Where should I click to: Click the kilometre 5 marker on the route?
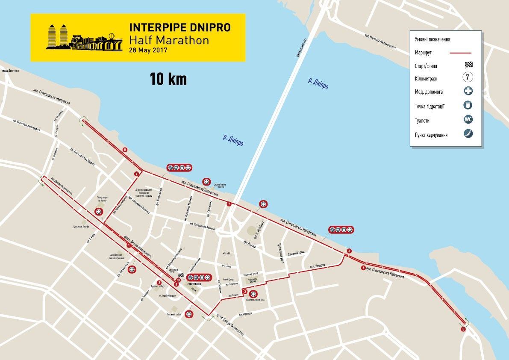(463, 329)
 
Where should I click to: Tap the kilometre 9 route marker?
(136, 174)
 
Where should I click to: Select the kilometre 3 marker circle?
(244, 292)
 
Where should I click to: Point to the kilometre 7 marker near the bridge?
(229, 204)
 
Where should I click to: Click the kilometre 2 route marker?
(159, 282)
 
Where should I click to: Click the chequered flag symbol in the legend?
(469, 65)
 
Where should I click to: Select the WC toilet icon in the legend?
(468, 120)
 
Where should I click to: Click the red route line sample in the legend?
(460, 53)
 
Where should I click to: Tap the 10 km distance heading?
(168, 79)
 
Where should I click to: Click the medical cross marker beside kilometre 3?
(253, 294)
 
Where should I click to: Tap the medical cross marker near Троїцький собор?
(189, 314)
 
